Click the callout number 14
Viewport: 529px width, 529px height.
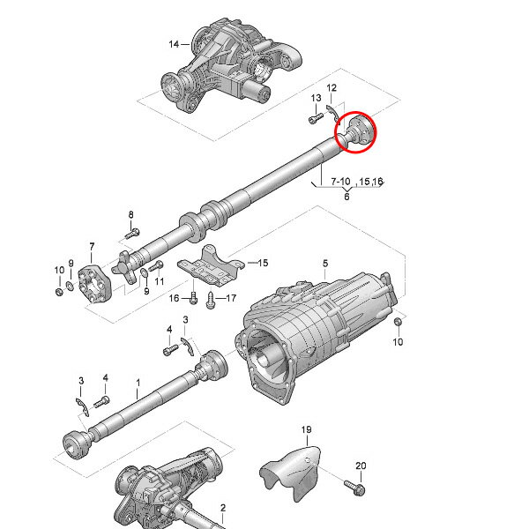[174, 44]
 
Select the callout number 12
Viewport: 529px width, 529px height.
[332, 87]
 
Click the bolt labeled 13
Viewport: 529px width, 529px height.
[317, 118]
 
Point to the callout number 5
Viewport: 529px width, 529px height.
[325, 263]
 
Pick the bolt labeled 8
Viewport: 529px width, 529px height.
[132, 234]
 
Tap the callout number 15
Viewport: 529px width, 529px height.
[263, 263]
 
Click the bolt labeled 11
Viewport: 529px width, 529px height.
[156, 266]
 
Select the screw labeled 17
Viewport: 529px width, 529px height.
[211, 301]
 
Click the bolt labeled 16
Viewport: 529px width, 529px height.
[193, 298]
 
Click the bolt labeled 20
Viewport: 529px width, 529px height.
[355, 488]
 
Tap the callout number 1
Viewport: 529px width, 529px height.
[138, 383]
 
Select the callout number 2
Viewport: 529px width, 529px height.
[223, 508]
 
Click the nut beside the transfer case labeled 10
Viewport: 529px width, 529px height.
[398, 322]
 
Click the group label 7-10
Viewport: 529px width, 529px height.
[340, 182]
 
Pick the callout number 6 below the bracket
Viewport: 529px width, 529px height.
[346, 197]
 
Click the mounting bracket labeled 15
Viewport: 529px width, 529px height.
[211, 266]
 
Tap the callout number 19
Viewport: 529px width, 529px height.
[306, 430]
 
